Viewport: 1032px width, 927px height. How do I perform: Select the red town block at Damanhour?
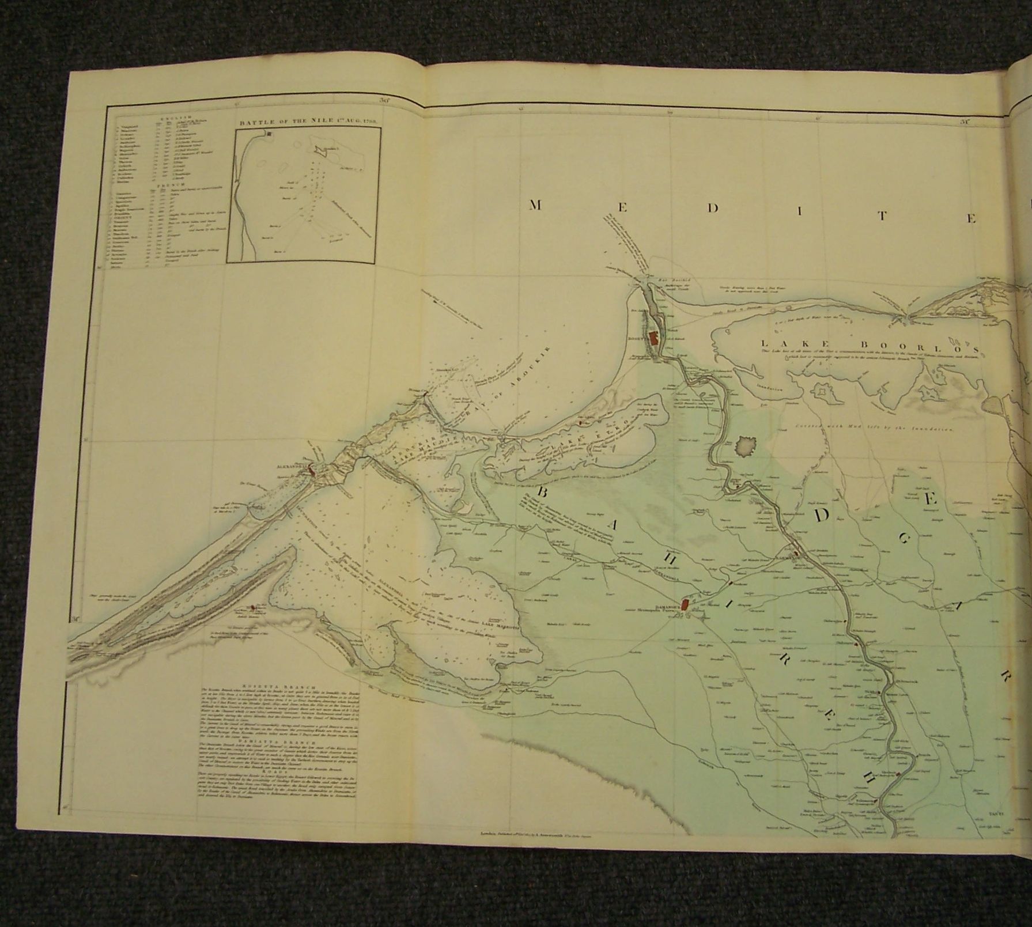pyautogui.click(x=685, y=604)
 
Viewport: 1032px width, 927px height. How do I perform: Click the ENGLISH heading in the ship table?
pyautogui.click(x=169, y=116)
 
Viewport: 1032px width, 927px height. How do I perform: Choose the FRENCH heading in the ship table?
pyautogui.click(x=167, y=185)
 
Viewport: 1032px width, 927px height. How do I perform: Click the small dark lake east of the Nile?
pyautogui.click(x=747, y=446)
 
